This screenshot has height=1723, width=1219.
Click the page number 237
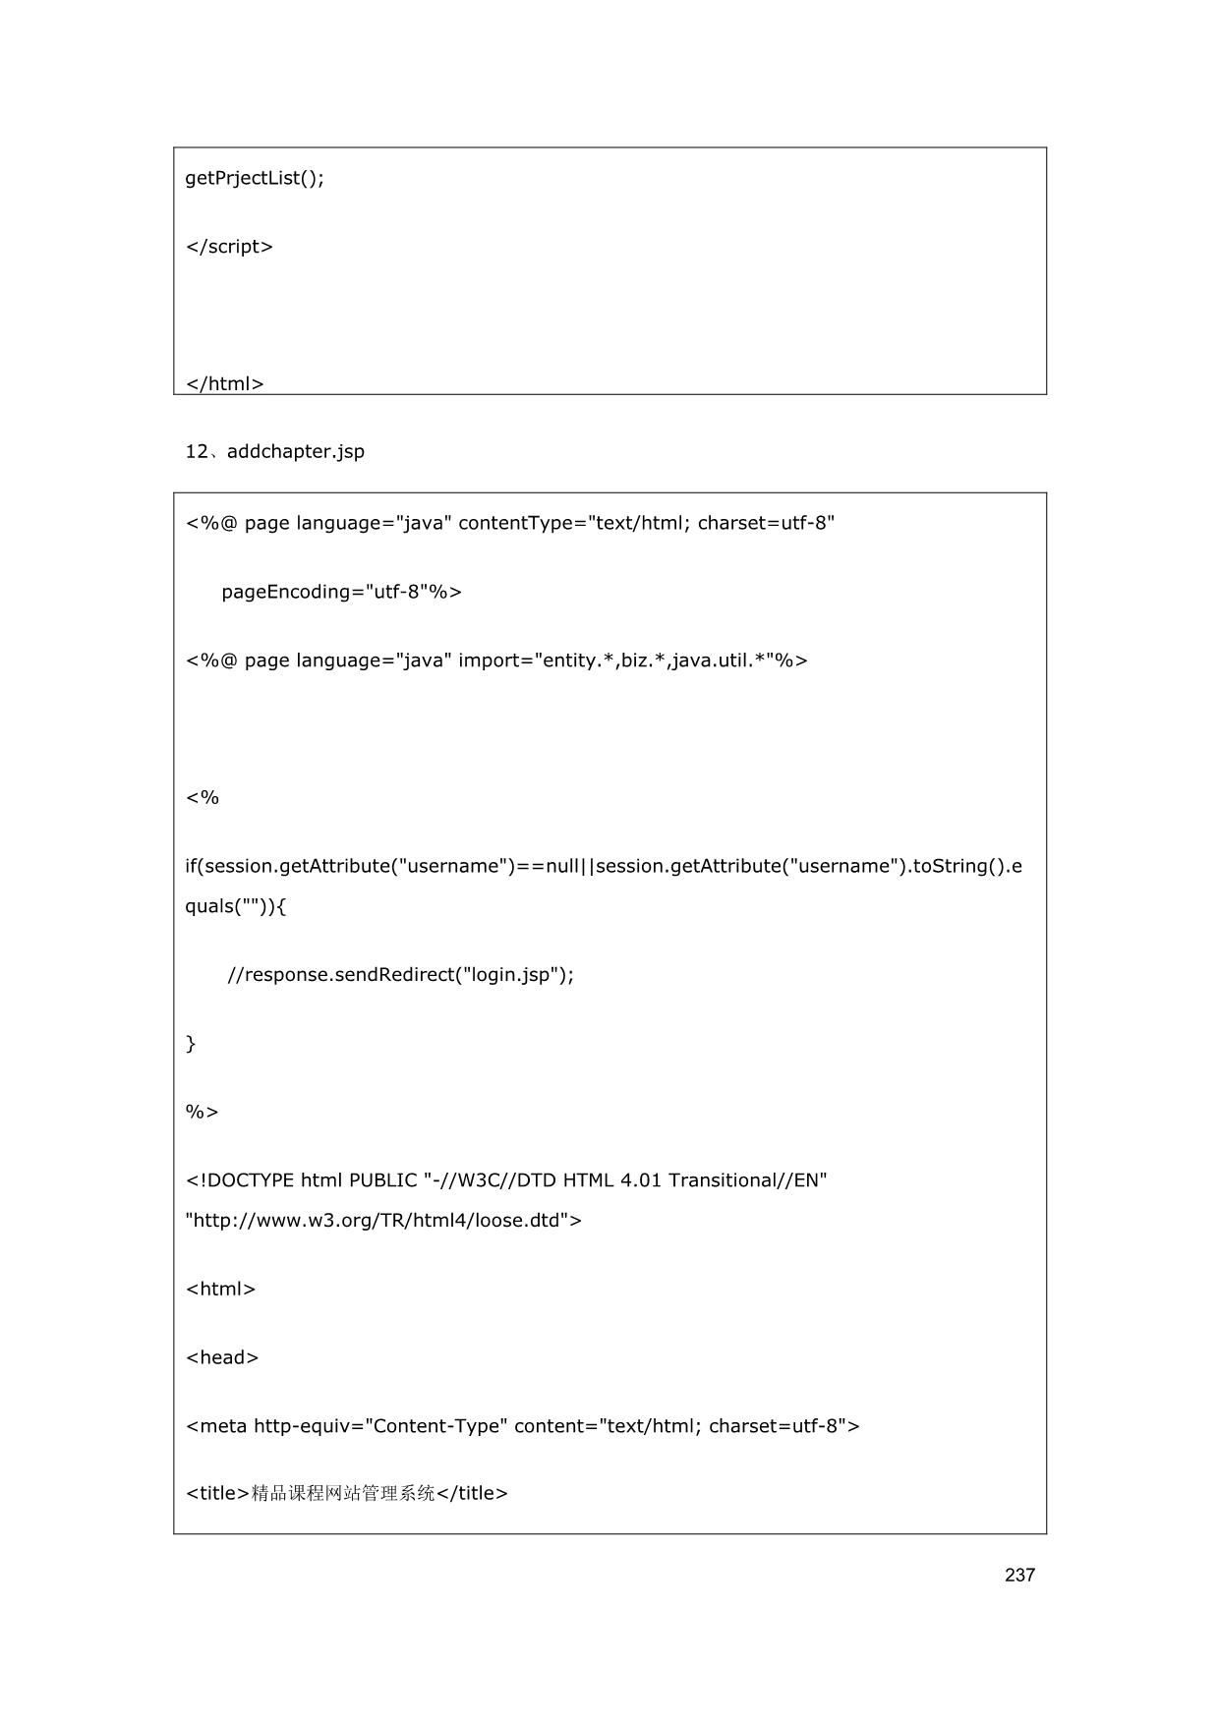coord(1019,1575)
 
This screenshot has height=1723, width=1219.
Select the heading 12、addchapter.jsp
coord(274,452)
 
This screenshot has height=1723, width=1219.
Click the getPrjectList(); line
coord(255,178)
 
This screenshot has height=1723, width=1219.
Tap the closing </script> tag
coord(229,247)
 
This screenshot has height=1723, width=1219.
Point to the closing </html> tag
coord(224,383)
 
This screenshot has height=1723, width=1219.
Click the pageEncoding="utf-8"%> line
coord(341,592)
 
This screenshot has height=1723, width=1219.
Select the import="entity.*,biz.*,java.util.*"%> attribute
coord(632,660)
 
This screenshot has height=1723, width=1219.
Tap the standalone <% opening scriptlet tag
coord(203,797)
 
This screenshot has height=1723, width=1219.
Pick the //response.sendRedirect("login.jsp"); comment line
coord(400,975)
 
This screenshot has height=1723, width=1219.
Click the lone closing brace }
coord(191,1044)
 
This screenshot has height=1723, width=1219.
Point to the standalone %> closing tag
coord(202,1112)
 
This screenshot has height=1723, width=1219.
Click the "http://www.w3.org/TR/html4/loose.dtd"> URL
coord(383,1221)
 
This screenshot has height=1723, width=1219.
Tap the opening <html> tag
coord(220,1289)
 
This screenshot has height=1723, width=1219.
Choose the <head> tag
coord(222,1357)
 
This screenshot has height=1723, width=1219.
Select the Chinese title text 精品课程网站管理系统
coord(343,1494)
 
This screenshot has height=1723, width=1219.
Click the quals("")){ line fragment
coord(236,906)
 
